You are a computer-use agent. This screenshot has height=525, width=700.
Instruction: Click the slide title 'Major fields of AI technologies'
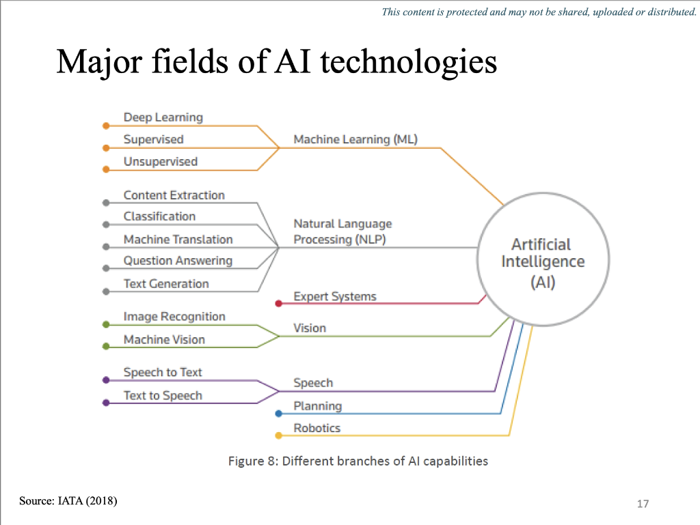[x=276, y=63]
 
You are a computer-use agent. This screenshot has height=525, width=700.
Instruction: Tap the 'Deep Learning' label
[x=163, y=117]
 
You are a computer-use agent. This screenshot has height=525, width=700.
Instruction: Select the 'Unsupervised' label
[x=160, y=162]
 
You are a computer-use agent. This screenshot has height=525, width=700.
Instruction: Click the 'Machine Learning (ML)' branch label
[x=355, y=139]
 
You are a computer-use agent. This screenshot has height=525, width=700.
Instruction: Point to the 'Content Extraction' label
[x=174, y=195]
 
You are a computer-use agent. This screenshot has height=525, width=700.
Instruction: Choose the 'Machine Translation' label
[x=178, y=240]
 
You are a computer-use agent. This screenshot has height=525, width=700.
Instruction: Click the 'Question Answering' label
[x=178, y=261]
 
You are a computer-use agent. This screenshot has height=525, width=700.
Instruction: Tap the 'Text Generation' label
[x=166, y=284]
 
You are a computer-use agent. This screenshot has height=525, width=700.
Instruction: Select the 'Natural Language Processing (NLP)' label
[x=342, y=231]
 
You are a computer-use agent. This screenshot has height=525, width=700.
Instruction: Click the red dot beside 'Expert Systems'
[x=278, y=303]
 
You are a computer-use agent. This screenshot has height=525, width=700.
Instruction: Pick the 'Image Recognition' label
[x=174, y=317]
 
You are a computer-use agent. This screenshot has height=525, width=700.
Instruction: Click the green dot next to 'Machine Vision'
[x=105, y=347]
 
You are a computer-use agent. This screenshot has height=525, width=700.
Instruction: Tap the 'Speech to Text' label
[x=163, y=373]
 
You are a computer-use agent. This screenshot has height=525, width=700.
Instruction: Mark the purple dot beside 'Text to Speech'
[x=105, y=403]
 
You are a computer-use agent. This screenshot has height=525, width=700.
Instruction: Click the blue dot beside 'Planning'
[x=278, y=414]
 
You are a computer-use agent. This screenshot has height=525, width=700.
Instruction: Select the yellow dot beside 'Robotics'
[x=278, y=436]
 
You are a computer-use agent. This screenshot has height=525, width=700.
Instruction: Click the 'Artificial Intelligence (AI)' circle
[x=543, y=262]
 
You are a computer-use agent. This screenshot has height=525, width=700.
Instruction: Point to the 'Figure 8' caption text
[x=358, y=461]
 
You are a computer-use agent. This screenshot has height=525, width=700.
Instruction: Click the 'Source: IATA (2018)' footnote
[x=68, y=501]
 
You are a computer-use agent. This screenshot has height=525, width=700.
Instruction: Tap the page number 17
[x=642, y=504]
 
